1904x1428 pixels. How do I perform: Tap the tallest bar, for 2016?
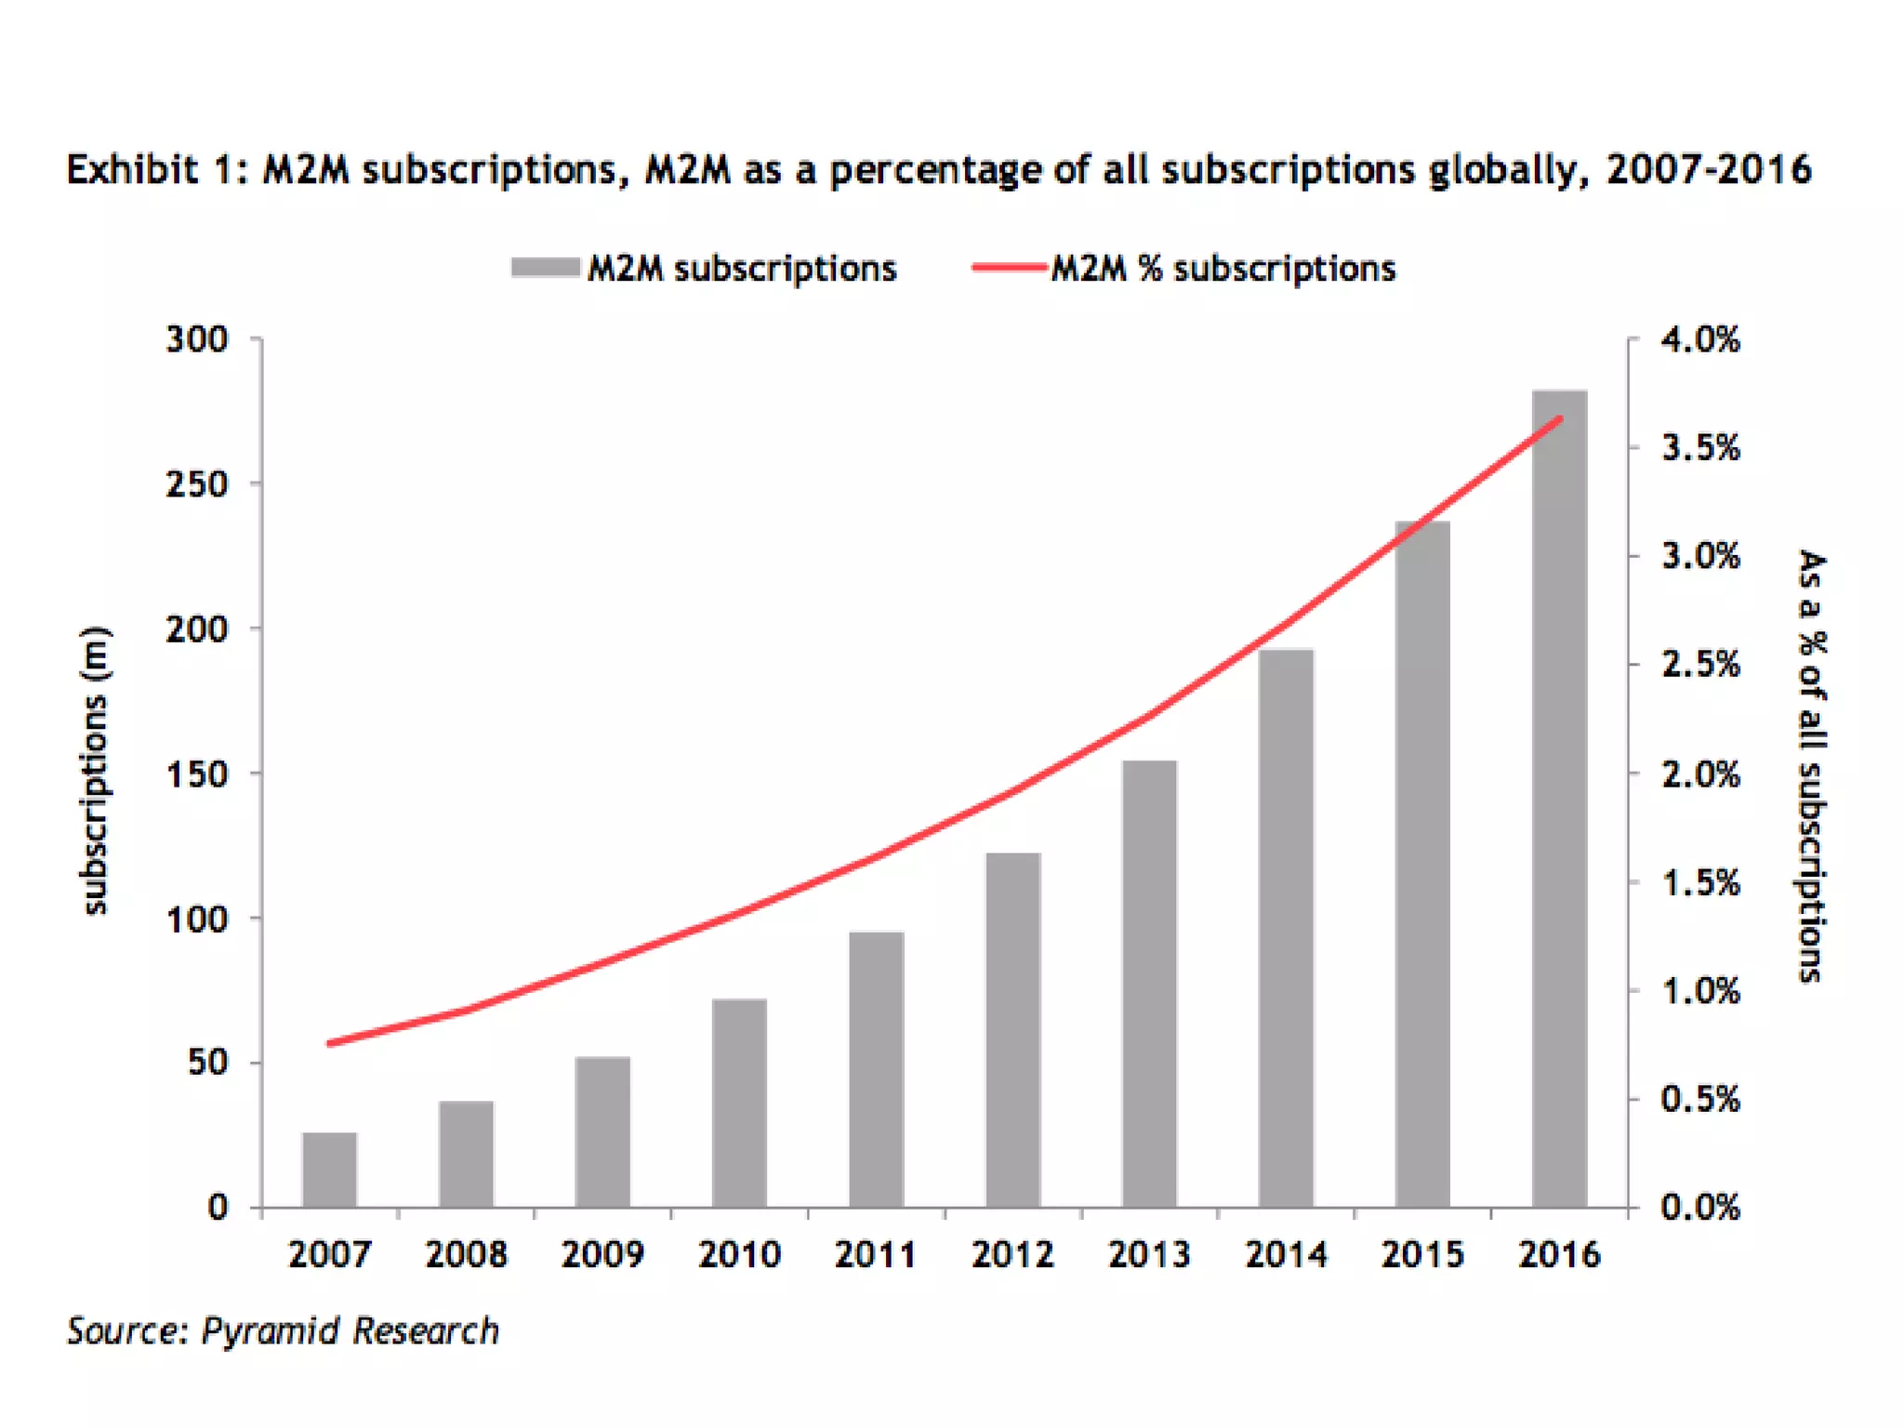(1559, 800)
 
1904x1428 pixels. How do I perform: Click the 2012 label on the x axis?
(1012, 1255)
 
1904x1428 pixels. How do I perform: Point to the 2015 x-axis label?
(1422, 1255)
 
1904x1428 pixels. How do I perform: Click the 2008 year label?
(467, 1255)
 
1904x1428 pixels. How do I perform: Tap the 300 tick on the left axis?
(197, 339)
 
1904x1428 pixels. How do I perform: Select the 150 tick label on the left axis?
(197, 774)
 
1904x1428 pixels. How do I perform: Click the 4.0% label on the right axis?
(1700, 339)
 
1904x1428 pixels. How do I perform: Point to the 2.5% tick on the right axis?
(1700, 665)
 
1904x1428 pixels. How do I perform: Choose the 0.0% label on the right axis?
(1700, 1208)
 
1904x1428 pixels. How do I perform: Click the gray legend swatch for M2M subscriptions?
(546, 268)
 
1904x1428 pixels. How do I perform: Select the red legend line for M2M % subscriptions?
(1010, 268)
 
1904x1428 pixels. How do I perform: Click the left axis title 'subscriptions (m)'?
(95, 772)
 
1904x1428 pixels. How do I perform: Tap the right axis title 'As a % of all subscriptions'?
(1812, 766)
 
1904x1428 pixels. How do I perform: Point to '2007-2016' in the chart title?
(1708, 170)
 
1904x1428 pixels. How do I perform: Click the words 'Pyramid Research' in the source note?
(350, 1331)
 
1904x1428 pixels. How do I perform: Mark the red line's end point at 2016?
(1560, 418)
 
